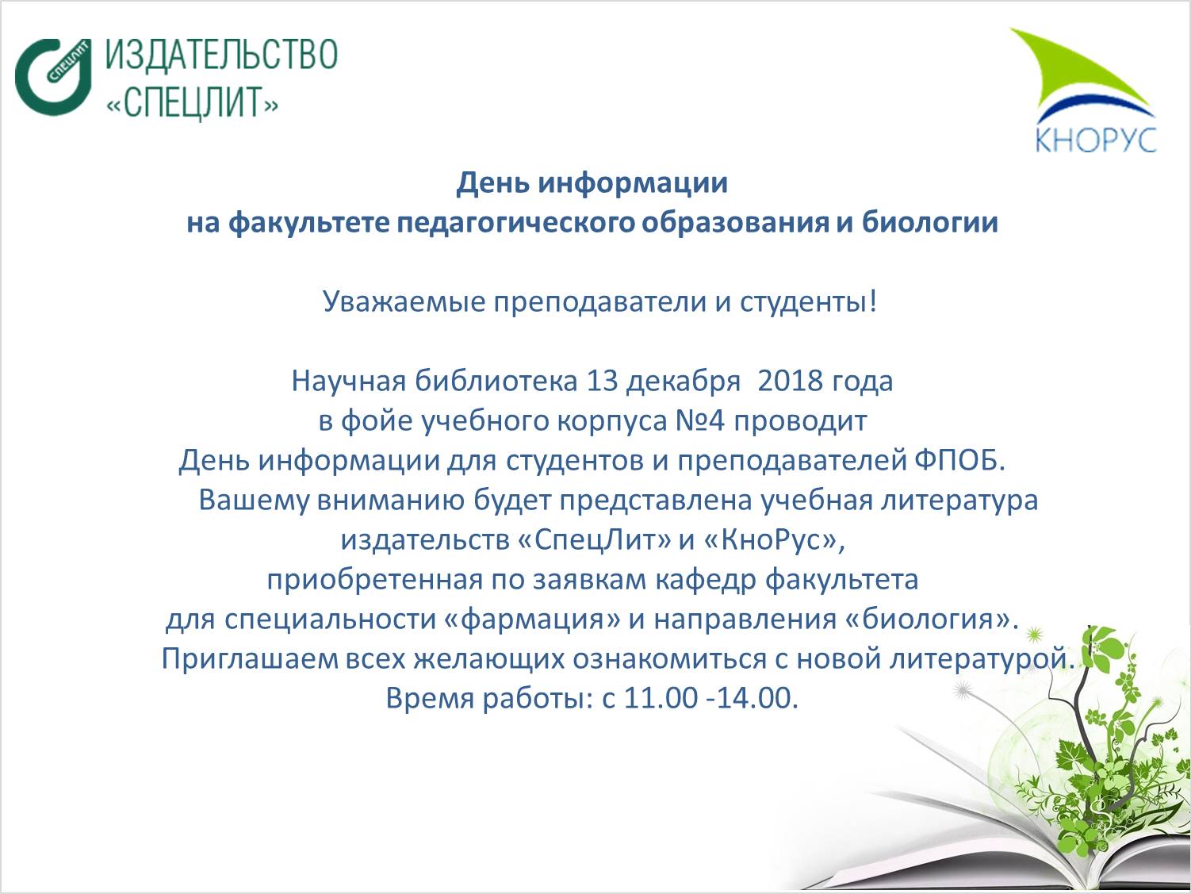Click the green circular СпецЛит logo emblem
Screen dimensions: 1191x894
[53, 77]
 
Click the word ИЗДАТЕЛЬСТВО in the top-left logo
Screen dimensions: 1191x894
[221, 55]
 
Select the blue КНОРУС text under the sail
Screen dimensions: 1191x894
[1096, 140]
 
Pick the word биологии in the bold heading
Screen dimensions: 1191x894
[930, 223]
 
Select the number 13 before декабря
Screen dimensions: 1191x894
[603, 381]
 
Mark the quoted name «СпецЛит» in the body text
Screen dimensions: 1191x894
[595, 540]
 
